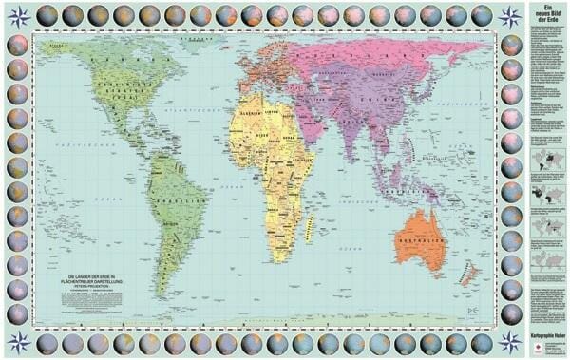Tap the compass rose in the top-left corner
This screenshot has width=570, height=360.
coord(17,16)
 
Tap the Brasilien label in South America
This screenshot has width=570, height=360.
coord(181,202)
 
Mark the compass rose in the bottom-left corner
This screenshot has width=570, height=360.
coord(17,341)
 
